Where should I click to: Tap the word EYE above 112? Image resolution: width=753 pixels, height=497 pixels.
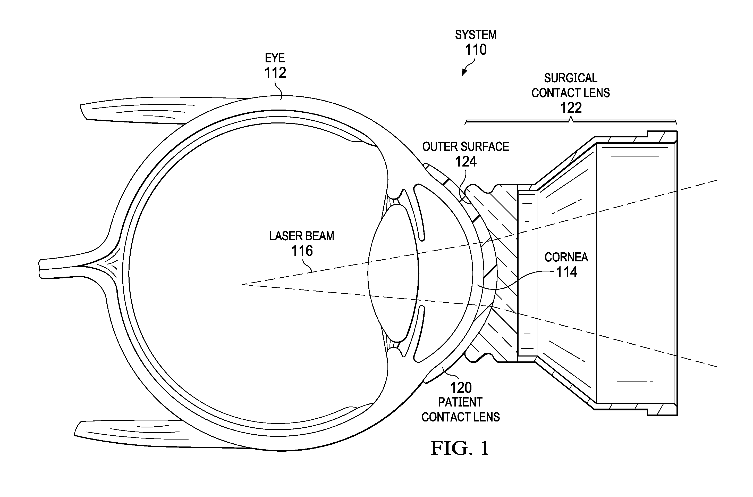[275, 58]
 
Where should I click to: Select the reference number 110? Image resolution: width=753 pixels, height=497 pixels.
[476, 50]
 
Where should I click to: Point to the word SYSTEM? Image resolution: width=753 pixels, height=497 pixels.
[476, 35]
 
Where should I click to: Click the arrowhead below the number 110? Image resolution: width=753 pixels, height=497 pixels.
[464, 73]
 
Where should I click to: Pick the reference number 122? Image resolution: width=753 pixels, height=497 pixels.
[571, 108]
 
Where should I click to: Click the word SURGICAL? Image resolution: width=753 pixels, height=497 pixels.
[571, 78]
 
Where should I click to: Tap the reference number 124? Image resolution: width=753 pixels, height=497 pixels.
[466, 162]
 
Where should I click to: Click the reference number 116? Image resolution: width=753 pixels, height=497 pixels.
[302, 251]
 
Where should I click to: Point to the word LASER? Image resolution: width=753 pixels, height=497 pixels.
[284, 236]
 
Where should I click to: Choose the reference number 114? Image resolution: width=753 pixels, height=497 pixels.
[567, 272]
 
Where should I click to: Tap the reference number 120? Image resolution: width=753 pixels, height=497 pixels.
[461, 388]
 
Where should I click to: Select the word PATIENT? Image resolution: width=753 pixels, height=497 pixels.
[460, 402]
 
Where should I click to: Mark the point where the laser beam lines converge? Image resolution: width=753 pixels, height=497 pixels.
[242, 284]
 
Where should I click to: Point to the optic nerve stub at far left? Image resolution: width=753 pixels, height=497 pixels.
[57, 269]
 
